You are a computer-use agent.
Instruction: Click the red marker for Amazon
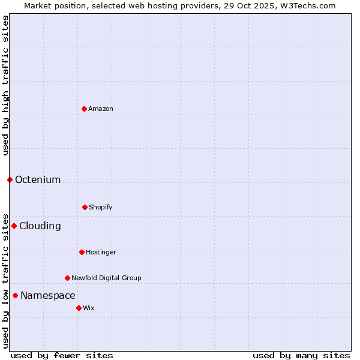pos(84,109)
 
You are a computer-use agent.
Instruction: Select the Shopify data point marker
pos(85,207)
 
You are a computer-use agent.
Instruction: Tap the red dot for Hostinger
pos(82,252)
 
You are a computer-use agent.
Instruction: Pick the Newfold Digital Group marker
pos(67,278)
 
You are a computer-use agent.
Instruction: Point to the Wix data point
pos(79,308)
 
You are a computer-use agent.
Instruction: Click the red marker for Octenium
pos(10,179)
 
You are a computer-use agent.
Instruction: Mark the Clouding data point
pos(14,226)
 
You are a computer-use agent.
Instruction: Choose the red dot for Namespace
pos(15,295)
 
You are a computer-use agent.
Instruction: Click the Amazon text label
pos(101,109)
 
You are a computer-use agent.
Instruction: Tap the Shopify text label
pos(101,207)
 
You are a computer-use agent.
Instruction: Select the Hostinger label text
pos(101,252)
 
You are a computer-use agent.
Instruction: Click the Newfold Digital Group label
pos(106,278)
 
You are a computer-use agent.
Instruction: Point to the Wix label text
pos(89,308)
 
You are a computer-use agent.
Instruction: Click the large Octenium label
pos(38,179)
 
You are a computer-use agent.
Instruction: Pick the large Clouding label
pos(40,226)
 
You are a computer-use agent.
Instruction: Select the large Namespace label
pos(48,295)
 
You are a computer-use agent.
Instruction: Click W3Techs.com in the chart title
pos(310,6)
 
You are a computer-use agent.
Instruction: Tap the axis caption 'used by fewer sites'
pos(62,355)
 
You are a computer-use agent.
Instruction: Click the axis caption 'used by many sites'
pos(301,355)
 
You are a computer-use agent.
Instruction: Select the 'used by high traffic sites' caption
pos(6,85)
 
